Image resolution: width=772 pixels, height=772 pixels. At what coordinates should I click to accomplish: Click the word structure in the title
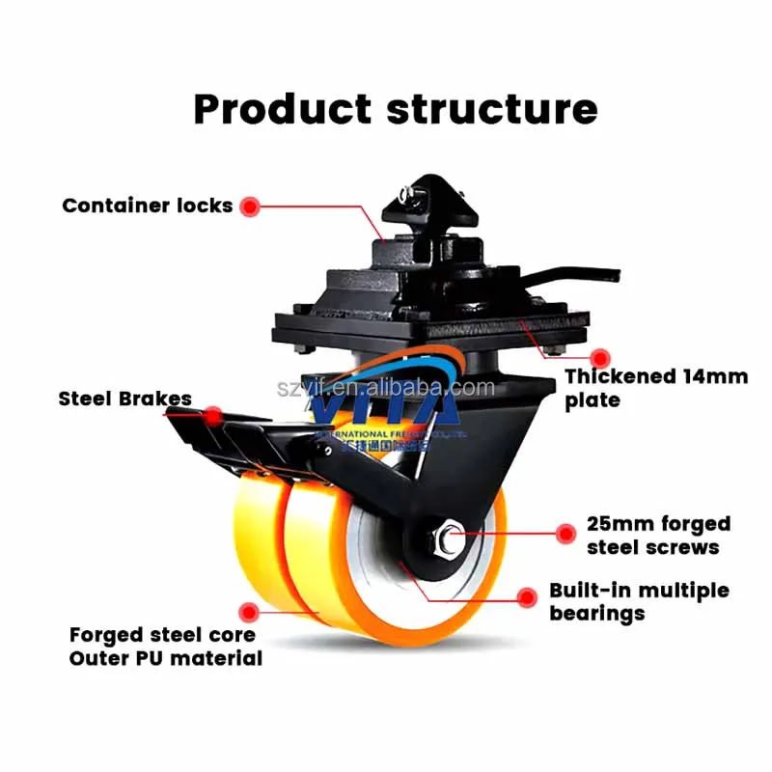(x=492, y=109)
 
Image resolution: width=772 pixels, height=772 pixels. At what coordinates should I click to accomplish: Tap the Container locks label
(x=147, y=206)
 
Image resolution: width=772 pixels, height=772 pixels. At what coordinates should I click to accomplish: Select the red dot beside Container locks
(x=250, y=206)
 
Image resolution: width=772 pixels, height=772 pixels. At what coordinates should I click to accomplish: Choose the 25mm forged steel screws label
(x=658, y=536)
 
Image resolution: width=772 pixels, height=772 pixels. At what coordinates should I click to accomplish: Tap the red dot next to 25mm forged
(x=566, y=532)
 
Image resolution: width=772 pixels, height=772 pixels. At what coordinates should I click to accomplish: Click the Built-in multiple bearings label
(x=639, y=601)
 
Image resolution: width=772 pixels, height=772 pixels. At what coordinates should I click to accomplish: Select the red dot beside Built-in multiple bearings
(x=527, y=597)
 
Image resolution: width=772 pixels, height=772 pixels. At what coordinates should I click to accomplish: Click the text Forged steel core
(x=162, y=635)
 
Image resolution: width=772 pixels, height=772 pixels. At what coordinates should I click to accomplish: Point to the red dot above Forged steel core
(x=250, y=611)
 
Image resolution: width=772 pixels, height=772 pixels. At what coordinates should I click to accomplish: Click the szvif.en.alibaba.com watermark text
(x=386, y=388)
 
